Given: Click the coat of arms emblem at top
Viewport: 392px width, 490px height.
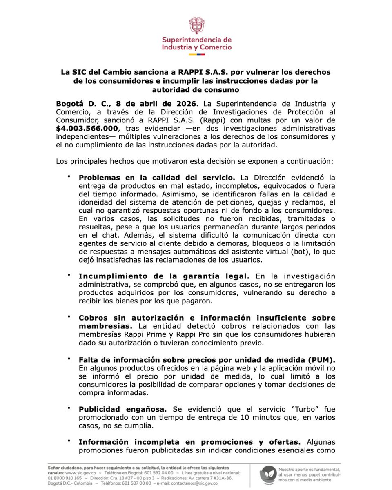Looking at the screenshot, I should point(196,25).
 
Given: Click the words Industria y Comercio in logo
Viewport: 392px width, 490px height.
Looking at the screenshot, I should point(196,47).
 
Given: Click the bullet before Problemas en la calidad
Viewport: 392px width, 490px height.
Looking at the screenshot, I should point(69,176).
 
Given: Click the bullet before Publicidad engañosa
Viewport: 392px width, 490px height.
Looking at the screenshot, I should point(69,407).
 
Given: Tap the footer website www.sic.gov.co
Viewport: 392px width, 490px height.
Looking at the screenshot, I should point(81,472).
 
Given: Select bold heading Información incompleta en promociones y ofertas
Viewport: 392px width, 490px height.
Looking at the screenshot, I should point(189,441).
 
